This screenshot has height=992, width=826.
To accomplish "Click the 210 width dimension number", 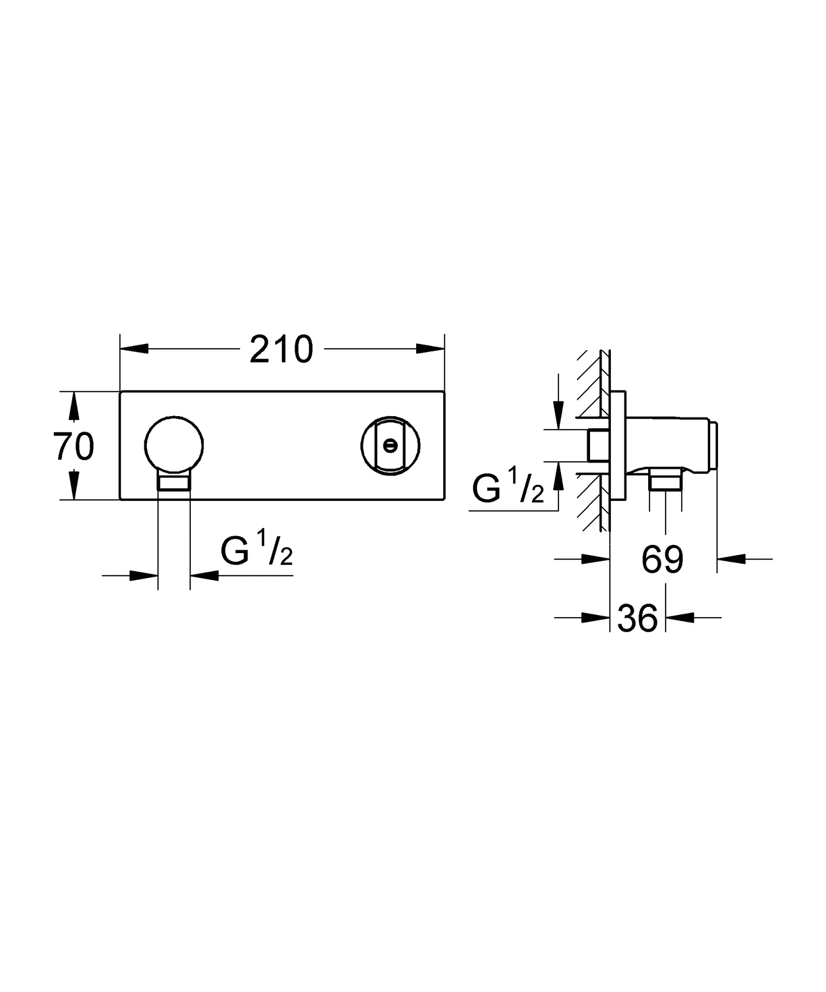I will pos(281,349).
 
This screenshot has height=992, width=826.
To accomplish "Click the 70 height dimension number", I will pos(73,447).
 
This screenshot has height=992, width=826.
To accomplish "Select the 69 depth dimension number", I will pos(662,559).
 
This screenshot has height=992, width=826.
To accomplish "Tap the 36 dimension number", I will pos(638,618).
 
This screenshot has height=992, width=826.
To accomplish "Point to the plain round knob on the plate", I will pos(174,444).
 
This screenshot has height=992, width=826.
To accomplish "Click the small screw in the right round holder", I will pos(390,445).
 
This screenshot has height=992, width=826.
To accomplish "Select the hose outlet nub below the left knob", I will pos(174,483).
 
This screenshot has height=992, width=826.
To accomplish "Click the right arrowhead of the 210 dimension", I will pos(430,349).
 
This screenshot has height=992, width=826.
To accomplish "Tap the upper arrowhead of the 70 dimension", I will pos(73,406).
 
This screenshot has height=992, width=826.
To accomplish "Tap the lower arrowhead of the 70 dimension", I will pos(73,485).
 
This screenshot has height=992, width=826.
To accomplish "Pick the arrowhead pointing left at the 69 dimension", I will pos(731,559).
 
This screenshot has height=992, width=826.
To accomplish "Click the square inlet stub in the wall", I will pos(599,445).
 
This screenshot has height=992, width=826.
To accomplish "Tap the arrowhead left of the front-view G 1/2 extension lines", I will pos(144,575).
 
